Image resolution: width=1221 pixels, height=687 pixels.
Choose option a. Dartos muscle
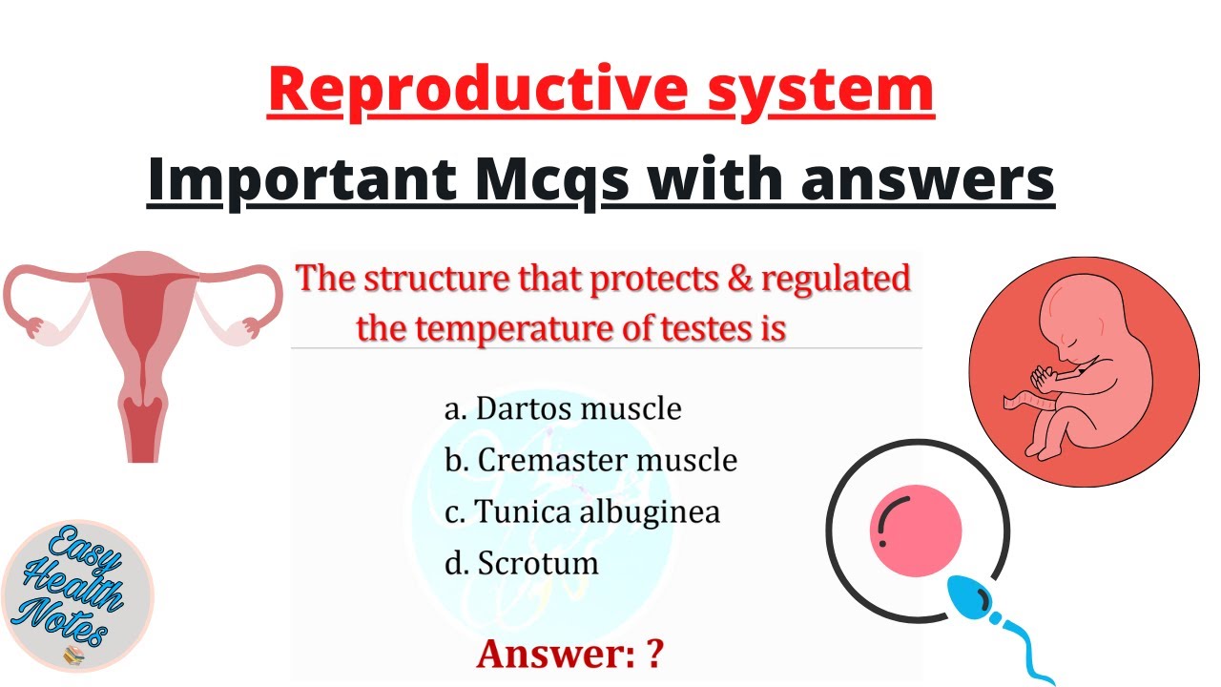pos(563,408)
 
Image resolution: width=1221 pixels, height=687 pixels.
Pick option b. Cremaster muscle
pos(590,460)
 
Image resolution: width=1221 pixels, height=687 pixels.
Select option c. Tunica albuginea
pos(582,511)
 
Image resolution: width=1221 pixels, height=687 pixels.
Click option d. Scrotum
pos(522,563)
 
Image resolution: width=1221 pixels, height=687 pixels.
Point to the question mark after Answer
pos(654,655)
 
